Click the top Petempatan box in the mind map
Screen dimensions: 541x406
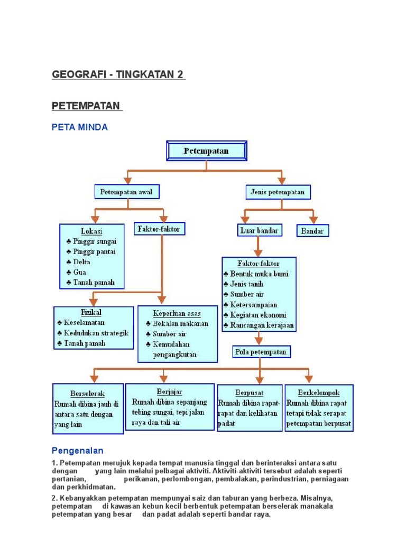point(206,151)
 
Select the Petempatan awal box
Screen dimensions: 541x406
point(126,192)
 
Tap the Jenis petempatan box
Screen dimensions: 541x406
point(278,192)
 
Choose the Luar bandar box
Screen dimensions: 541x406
point(259,230)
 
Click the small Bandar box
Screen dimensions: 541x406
point(313,231)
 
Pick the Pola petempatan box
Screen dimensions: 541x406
point(261,352)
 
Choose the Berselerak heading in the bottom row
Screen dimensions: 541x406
point(88,394)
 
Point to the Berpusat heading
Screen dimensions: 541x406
point(250,393)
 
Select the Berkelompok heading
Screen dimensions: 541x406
point(319,393)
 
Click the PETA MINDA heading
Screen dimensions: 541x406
point(80,127)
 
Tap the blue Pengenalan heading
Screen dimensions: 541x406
point(78,451)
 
